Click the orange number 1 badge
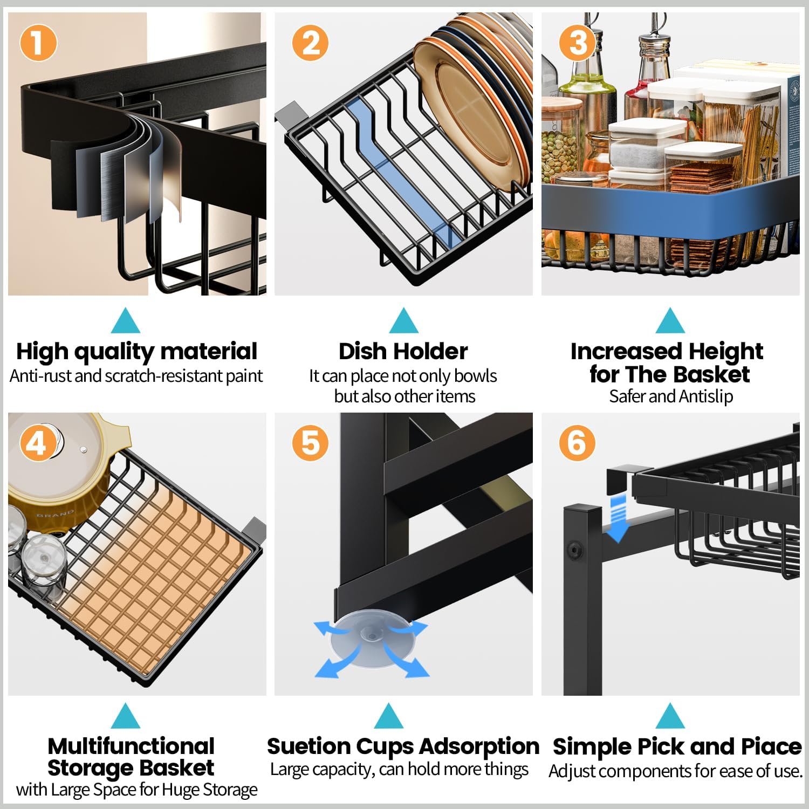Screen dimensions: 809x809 [x=38, y=43]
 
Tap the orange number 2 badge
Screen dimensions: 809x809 [x=310, y=43]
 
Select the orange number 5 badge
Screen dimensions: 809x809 [x=310, y=443]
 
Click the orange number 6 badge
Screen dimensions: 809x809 [x=577, y=443]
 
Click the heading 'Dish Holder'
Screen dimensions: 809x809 [x=403, y=352]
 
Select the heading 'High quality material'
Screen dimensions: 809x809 [x=136, y=352]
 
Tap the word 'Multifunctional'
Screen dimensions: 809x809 [x=131, y=746]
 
